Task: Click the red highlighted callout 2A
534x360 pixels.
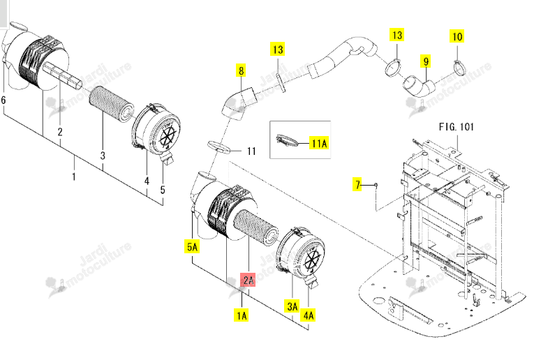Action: [x=249, y=280]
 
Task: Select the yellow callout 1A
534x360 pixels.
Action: [x=242, y=315]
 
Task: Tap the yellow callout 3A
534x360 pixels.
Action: [x=292, y=306]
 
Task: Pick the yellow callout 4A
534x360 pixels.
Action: [x=309, y=315]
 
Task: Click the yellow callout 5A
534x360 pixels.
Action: [x=192, y=246]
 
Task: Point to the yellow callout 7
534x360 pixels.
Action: [x=357, y=184]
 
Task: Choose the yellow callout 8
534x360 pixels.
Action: [x=241, y=70]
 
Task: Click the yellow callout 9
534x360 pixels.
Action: [x=426, y=61]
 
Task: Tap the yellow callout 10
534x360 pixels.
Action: [x=457, y=36]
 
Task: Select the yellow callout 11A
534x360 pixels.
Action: [x=320, y=143]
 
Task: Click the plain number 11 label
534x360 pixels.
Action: [x=251, y=151]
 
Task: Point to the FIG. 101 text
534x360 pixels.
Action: [x=457, y=127]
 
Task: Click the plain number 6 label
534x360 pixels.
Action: [x=3, y=100]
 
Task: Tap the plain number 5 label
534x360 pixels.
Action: [x=163, y=190]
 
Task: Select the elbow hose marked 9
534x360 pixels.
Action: [x=420, y=87]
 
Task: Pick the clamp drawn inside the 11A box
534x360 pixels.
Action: [x=286, y=140]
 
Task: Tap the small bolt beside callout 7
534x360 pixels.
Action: [x=376, y=185]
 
